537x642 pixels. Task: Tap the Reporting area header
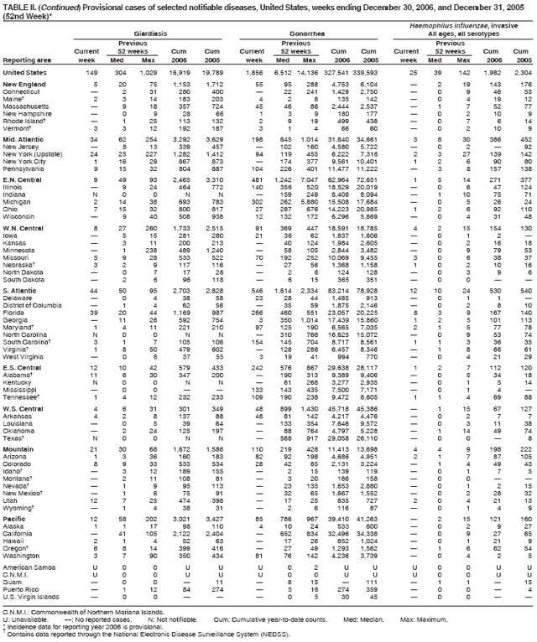tap(28, 61)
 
